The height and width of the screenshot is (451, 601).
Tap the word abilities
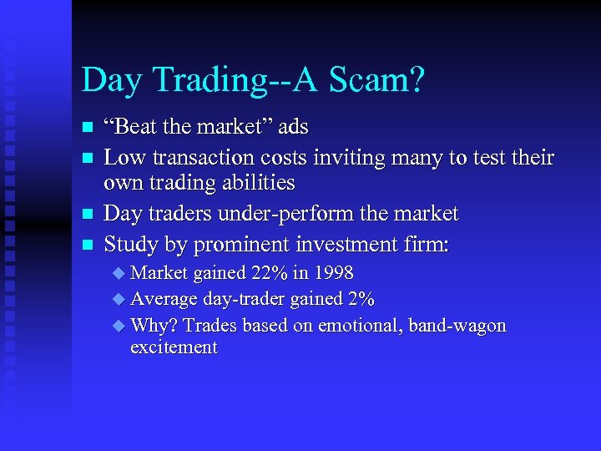click(x=255, y=182)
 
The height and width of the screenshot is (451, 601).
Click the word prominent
click(x=229, y=245)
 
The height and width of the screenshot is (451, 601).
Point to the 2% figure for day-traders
click(x=360, y=299)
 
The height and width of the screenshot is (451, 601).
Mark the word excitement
click(x=174, y=347)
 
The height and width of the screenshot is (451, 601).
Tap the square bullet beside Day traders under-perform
click(x=85, y=215)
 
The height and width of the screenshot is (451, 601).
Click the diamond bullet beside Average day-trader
click(x=118, y=299)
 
